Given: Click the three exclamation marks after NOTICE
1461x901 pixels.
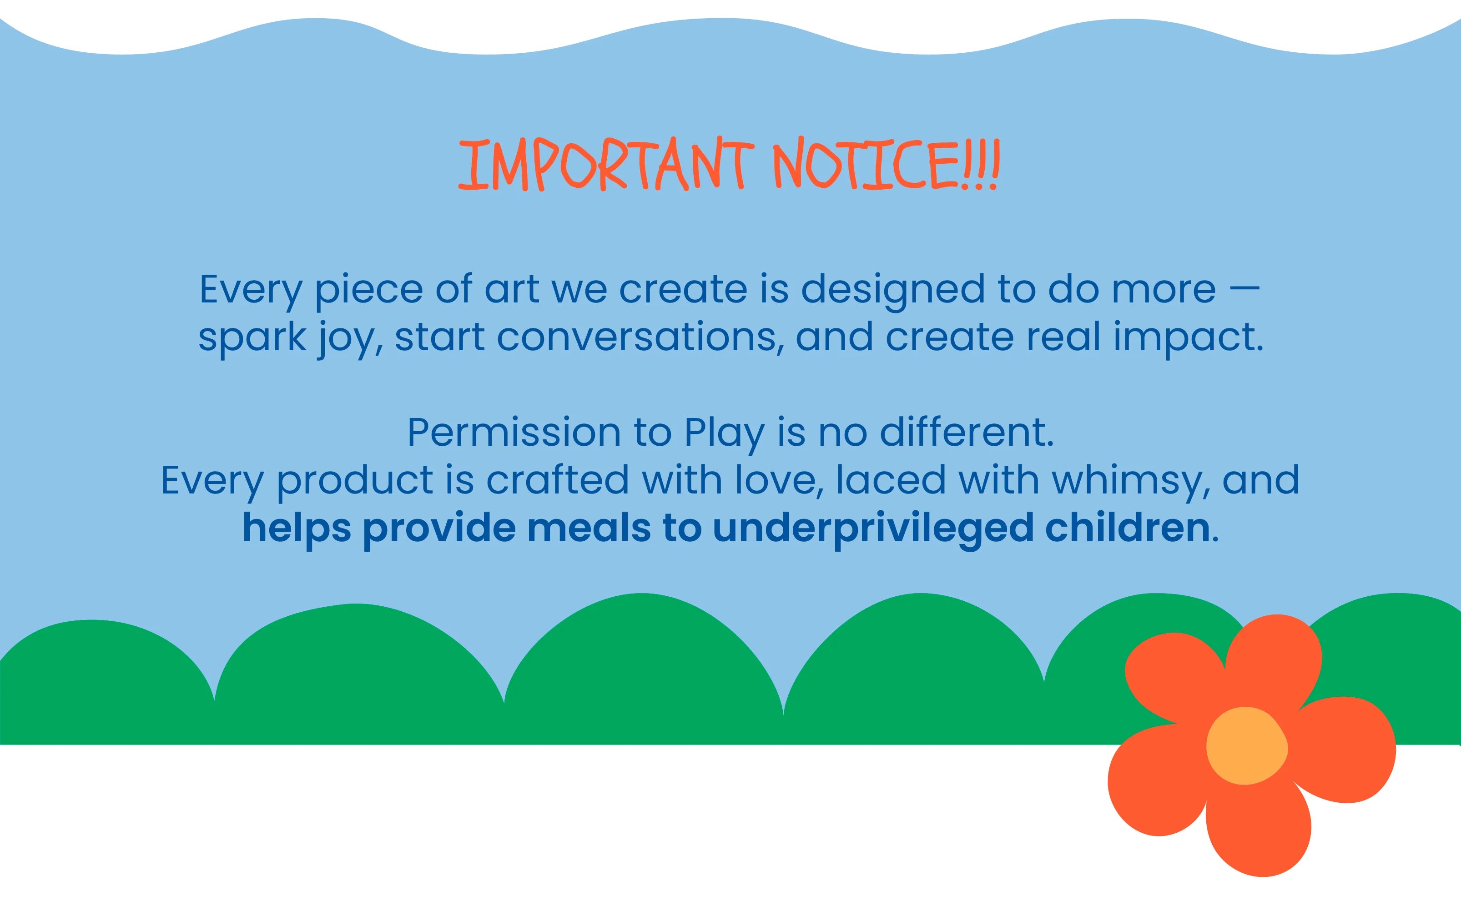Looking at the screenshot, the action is pyautogui.click(x=981, y=165).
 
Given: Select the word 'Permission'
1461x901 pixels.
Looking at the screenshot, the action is pyautogui.click(x=514, y=432).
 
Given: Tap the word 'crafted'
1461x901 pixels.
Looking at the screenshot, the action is pyautogui.click(x=558, y=480).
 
